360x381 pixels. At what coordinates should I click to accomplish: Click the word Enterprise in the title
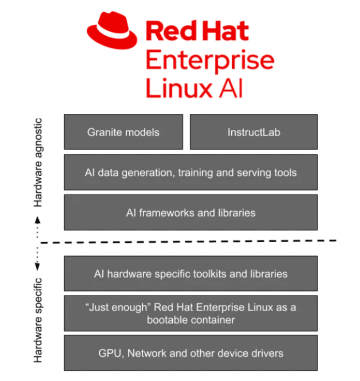click(x=209, y=61)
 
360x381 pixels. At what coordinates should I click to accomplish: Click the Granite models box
click(x=123, y=132)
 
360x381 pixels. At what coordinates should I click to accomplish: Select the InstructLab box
click(x=253, y=132)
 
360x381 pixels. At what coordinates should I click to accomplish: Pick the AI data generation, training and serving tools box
click(x=190, y=172)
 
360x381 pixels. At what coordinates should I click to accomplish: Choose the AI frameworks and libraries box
click(x=190, y=212)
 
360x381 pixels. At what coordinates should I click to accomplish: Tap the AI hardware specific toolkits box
click(x=190, y=273)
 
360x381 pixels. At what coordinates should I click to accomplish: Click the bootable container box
click(x=190, y=313)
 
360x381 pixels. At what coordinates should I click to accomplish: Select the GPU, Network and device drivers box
click(x=190, y=353)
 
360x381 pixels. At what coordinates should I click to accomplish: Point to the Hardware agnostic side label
click(x=38, y=163)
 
